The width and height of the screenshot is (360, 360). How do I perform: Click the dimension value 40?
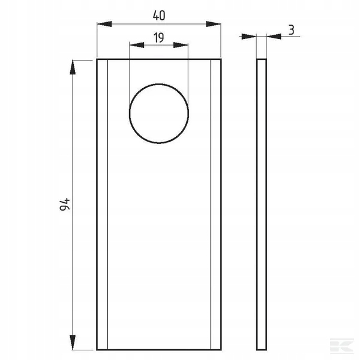point(159,16)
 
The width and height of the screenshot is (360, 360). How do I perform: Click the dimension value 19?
point(158,37)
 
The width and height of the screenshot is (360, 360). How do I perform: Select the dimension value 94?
point(65,204)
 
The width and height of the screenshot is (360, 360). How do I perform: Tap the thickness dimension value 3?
point(291,30)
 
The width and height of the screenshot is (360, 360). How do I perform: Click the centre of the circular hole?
point(159,113)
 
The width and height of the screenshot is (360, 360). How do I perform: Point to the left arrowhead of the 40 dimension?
point(104,24)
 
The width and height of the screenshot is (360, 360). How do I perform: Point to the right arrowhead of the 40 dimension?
point(213,24)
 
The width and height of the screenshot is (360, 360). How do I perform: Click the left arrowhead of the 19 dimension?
point(137,45)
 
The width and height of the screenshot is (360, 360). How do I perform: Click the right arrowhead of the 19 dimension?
point(181,45)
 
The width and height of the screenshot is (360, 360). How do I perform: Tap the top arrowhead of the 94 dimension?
point(73,67)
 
